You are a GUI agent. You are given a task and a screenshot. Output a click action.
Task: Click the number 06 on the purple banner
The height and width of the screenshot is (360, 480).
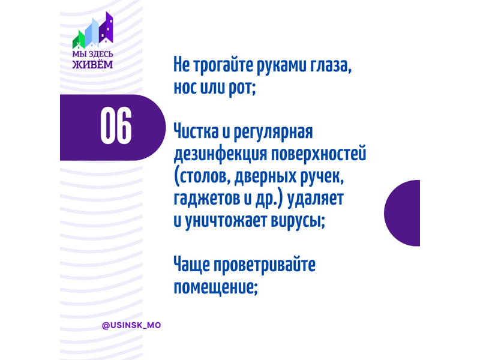point(116,125)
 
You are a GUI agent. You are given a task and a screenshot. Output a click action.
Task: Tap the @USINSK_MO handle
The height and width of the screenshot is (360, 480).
point(131,325)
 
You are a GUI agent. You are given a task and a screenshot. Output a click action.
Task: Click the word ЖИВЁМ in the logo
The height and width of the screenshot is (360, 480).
point(92,65)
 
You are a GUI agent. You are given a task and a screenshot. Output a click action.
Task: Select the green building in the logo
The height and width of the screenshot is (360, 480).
point(79,40)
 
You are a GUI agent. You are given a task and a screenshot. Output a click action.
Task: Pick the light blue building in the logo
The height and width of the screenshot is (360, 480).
point(92,32)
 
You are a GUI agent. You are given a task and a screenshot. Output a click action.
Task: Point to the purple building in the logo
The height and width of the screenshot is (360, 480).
point(106,28)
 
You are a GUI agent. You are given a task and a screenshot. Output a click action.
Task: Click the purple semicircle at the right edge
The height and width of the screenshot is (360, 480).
point(402,213)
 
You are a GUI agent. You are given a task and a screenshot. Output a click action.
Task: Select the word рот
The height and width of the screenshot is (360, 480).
point(242,88)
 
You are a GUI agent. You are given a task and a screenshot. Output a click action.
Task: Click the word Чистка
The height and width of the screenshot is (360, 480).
point(196,131)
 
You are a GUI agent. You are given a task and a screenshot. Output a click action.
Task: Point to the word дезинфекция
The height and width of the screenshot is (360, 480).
point(220,154)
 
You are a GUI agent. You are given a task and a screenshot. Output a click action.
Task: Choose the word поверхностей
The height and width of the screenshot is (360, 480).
point(319,154)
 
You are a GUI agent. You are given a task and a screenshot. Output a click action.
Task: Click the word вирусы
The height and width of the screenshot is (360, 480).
point(298,220)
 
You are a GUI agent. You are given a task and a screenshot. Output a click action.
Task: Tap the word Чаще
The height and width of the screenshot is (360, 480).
point(191,265)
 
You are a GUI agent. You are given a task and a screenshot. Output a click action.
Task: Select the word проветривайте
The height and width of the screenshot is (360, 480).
point(265,265)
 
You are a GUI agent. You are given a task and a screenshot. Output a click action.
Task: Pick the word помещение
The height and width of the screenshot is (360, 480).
point(215,287)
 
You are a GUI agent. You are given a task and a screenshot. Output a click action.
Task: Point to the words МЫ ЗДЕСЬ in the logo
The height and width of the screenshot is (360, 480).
point(92,54)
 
